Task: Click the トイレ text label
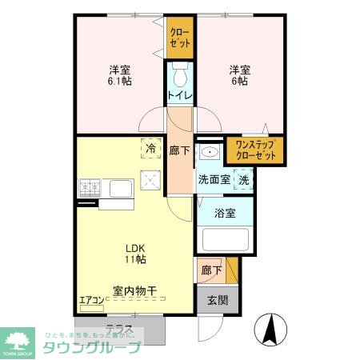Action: (179, 96)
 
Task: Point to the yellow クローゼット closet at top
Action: (179, 38)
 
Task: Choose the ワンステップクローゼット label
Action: (254, 150)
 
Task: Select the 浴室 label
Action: (226, 214)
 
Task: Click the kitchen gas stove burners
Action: (90, 189)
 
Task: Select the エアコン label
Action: (91, 301)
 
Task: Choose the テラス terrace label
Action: (118, 327)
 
